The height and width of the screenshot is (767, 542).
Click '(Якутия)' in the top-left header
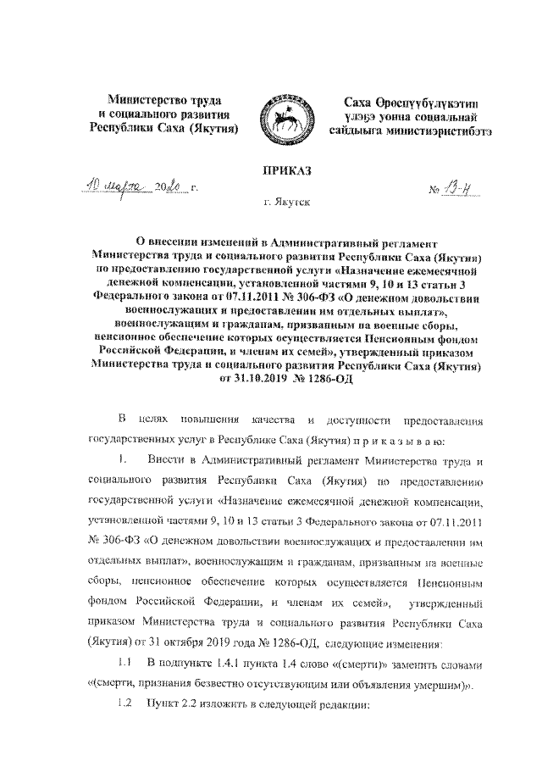coord(214,128)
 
